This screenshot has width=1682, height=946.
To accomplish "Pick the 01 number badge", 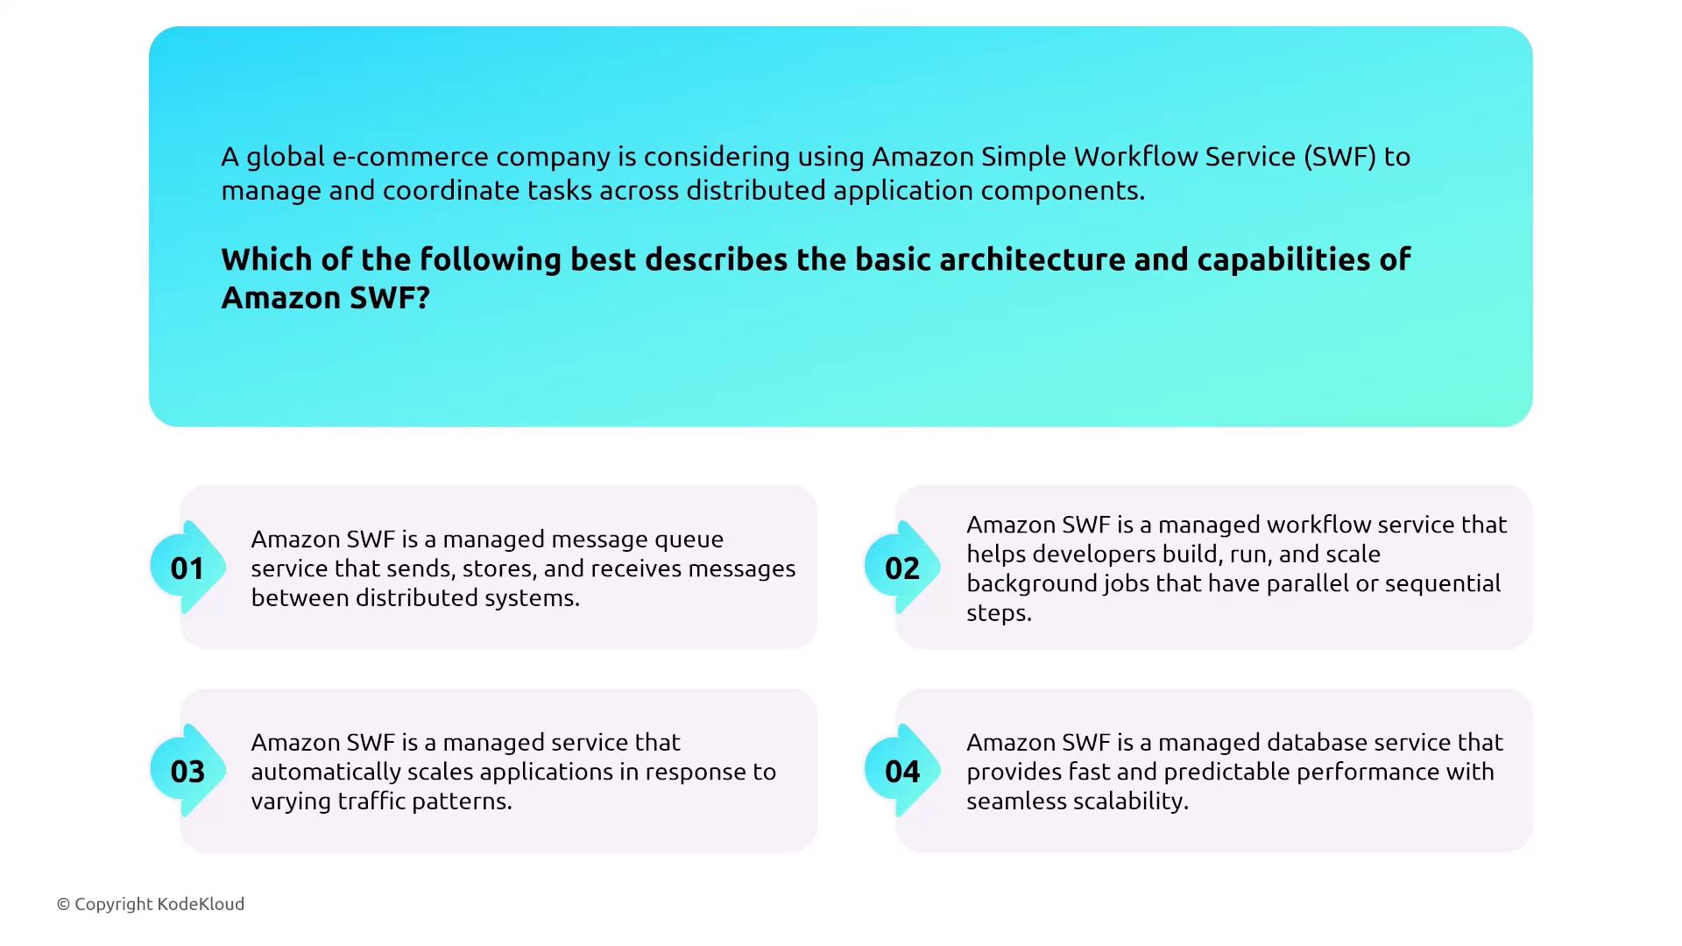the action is click(187, 568).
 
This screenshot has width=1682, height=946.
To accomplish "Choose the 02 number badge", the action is click(902, 568).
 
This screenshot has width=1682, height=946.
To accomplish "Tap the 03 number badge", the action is click(187, 771).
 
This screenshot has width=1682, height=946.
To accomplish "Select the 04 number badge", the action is click(902, 771).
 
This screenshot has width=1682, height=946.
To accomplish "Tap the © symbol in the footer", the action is click(63, 904).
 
